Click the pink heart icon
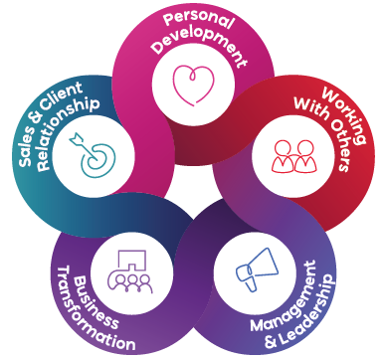point(193,85)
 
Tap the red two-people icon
point(294,156)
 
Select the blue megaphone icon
point(258,270)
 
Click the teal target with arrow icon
point(93,154)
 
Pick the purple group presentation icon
point(129,271)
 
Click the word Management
point(285,295)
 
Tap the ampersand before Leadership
point(271,342)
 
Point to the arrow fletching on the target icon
point(76,138)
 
